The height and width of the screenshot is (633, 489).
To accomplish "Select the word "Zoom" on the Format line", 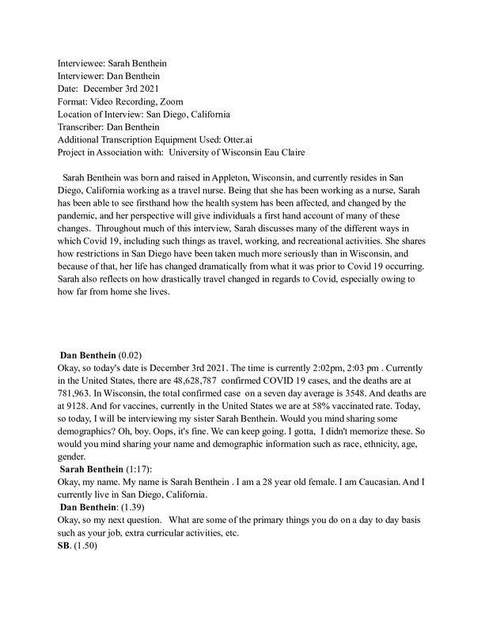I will tap(170, 101).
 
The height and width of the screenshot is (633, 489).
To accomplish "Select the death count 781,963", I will tap(78, 393).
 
